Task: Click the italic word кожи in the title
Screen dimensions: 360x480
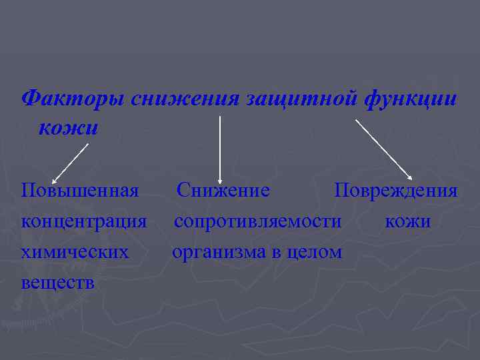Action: pyautogui.click(x=68, y=127)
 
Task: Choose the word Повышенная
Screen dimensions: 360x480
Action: pyautogui.click(x=80, y=191)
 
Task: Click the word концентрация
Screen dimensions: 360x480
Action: pyautogui.click(x=84, y=221)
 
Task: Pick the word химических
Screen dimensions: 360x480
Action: pyautogui.click(x=75, y=252)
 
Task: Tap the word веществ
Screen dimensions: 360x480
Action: pyautogui.click(x=58, y=283)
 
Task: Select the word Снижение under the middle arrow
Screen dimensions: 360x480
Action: pyautogui.click(x=223, y=191)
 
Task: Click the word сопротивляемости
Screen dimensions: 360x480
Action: pyautogui.click(x=258, y=221)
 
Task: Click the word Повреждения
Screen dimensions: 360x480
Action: pyautogui.click(x=396, y=191)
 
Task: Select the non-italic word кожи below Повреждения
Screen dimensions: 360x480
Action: pyautogui.click(x=408, y=221)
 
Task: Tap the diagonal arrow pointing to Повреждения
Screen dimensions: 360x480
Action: pyautogui.click(x=385, y=149)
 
